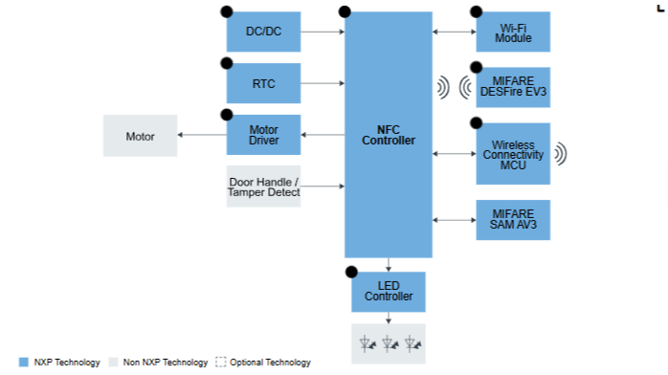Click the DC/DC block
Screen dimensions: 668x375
tap(263, 32)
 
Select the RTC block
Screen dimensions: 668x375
tap(263, 83)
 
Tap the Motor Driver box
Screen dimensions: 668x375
tap(263, 135)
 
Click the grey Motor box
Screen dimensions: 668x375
tap(140, 136)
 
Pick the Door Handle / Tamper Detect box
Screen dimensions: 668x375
tap(263, 187)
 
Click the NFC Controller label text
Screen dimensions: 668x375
tap(389, 135)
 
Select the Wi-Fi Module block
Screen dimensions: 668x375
tap(513, 32)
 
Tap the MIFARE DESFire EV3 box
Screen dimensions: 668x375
tap(513, 87)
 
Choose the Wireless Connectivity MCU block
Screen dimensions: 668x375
tap(513, 154)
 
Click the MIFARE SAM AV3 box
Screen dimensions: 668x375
tap(513, 220)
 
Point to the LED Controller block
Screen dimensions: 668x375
tap(389, 292)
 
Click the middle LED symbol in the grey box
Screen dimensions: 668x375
tap(390, 343)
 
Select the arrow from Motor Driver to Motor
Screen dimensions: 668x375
tap(202, 135)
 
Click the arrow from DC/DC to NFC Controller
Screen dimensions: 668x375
tap(323, 32)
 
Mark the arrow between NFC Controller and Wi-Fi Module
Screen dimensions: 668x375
tap(455, 32)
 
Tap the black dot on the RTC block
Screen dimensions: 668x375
tap(227, 63)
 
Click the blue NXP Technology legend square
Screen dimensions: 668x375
tap(24, 363)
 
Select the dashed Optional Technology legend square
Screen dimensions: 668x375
tap(221, 363)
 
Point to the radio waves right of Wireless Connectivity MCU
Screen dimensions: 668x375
tap(561, 154)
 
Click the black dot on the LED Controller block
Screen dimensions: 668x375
tap(351, 272)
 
